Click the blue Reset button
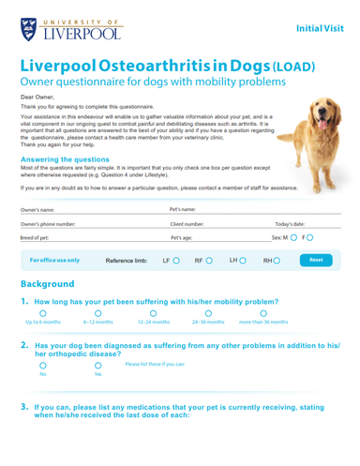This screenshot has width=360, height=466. tap(316, 259)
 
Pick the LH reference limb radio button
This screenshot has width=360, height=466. tap(244, 260)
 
